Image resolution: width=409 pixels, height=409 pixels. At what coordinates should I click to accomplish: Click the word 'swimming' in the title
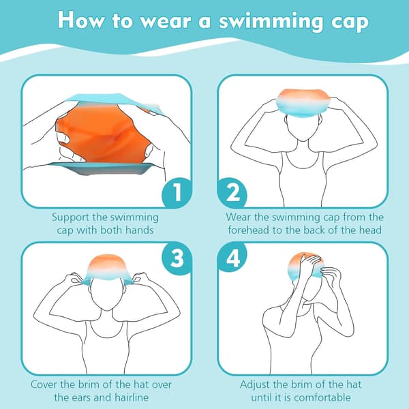point(272,21)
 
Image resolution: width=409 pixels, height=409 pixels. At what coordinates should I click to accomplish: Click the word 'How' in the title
point(80,20)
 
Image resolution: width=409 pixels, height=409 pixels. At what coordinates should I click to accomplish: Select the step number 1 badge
point(177,192)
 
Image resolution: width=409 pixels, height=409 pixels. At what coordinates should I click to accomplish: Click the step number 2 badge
point(232,192)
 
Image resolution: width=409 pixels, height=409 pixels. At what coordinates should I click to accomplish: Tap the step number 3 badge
point(177,258)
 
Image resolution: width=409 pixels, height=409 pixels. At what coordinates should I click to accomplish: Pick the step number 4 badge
point(232,258)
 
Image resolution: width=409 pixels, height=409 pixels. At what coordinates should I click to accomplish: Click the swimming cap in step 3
point(106,269)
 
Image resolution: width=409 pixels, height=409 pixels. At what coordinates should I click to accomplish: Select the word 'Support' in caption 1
point(70,217)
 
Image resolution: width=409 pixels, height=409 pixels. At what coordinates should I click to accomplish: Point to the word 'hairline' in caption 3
point(132,397)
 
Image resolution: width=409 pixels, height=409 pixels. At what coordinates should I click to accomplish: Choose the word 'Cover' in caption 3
point(44,384)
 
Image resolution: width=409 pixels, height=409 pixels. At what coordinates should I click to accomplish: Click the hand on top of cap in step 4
point(310,263)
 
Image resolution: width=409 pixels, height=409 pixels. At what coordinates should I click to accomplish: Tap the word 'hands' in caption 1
point(140,230)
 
